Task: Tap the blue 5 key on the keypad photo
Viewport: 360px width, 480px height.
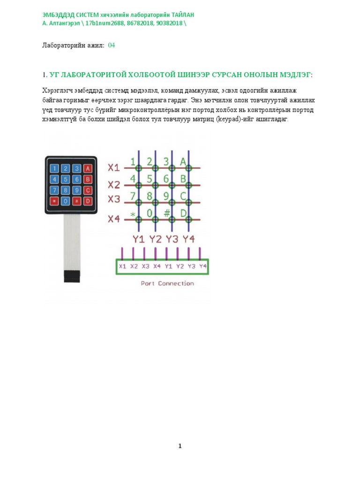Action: click(x=66, y=179)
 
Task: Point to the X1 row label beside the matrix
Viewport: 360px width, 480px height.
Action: click(x=114, y=167)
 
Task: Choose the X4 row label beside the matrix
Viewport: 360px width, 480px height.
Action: click(x=114, y=218)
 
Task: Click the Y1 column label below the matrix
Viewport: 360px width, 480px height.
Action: click(x=138, y=239)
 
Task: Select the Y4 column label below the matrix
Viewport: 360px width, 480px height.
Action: click(x=188, y=239)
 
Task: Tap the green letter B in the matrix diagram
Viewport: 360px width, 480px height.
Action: click(x=183, y=179)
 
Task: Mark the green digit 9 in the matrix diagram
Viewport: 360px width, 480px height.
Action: click(x=166, y=196)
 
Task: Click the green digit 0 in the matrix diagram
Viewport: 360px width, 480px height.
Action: click(x=150, y=213)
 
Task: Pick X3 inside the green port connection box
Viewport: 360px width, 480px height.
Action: click(x=145, y=266)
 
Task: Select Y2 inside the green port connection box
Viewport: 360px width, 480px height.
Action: click(x=180, y=266)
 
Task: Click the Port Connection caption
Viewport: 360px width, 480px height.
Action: click(x=167, y=283)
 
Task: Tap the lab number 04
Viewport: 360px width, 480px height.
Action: click(x=112, y=45)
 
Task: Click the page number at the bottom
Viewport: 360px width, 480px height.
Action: click(x=180, y=446)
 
